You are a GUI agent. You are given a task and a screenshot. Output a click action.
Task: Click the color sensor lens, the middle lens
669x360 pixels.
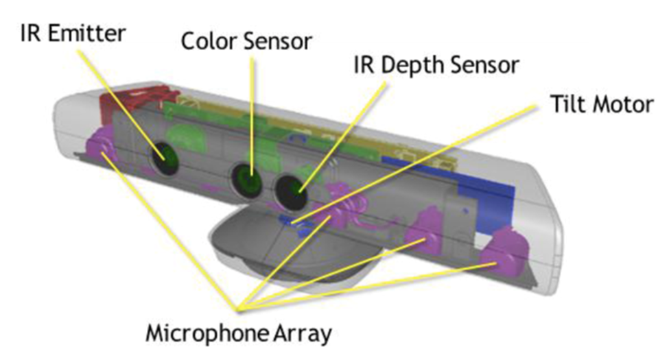point(246,180)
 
